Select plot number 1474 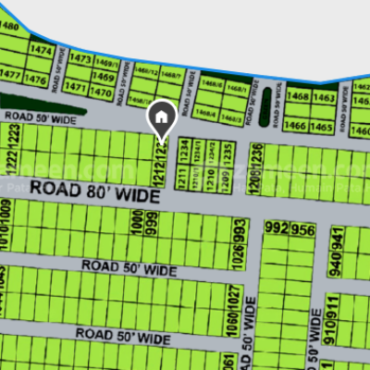point(41,50)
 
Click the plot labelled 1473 point(81,58)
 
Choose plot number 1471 point(78,92)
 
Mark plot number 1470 point(103,92)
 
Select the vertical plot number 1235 point(228,152)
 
